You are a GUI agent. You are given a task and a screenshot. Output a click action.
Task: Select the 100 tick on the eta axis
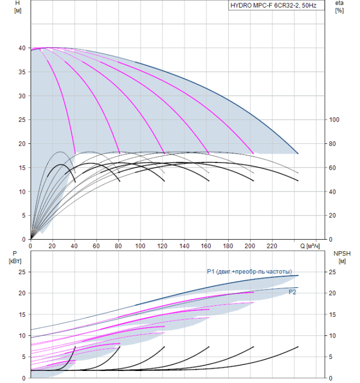point(335,120)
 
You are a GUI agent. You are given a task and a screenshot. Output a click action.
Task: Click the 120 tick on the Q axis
point(162,246)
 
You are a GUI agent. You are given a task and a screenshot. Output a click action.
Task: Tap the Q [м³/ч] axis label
point(311,246)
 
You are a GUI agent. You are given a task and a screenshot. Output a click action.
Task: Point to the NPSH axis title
point(341,253)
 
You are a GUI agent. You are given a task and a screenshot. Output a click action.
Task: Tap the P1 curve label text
point(249,272)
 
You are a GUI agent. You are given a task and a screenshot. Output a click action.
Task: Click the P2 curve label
point(293,293)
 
